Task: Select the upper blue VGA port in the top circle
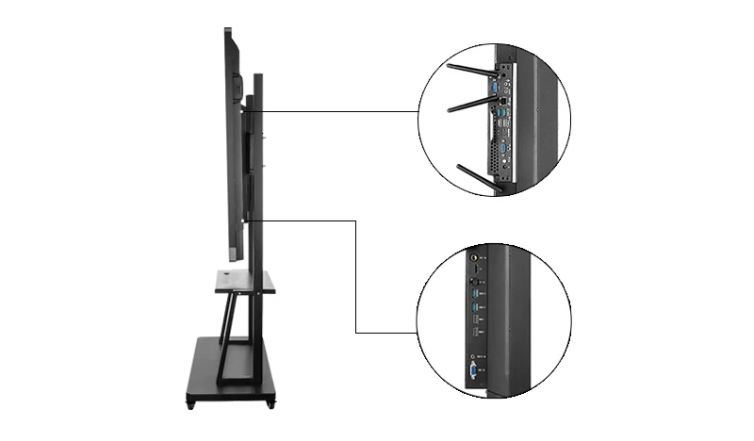[492, 90]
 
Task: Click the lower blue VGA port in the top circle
[505, 145]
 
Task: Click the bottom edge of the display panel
[236, 260]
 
